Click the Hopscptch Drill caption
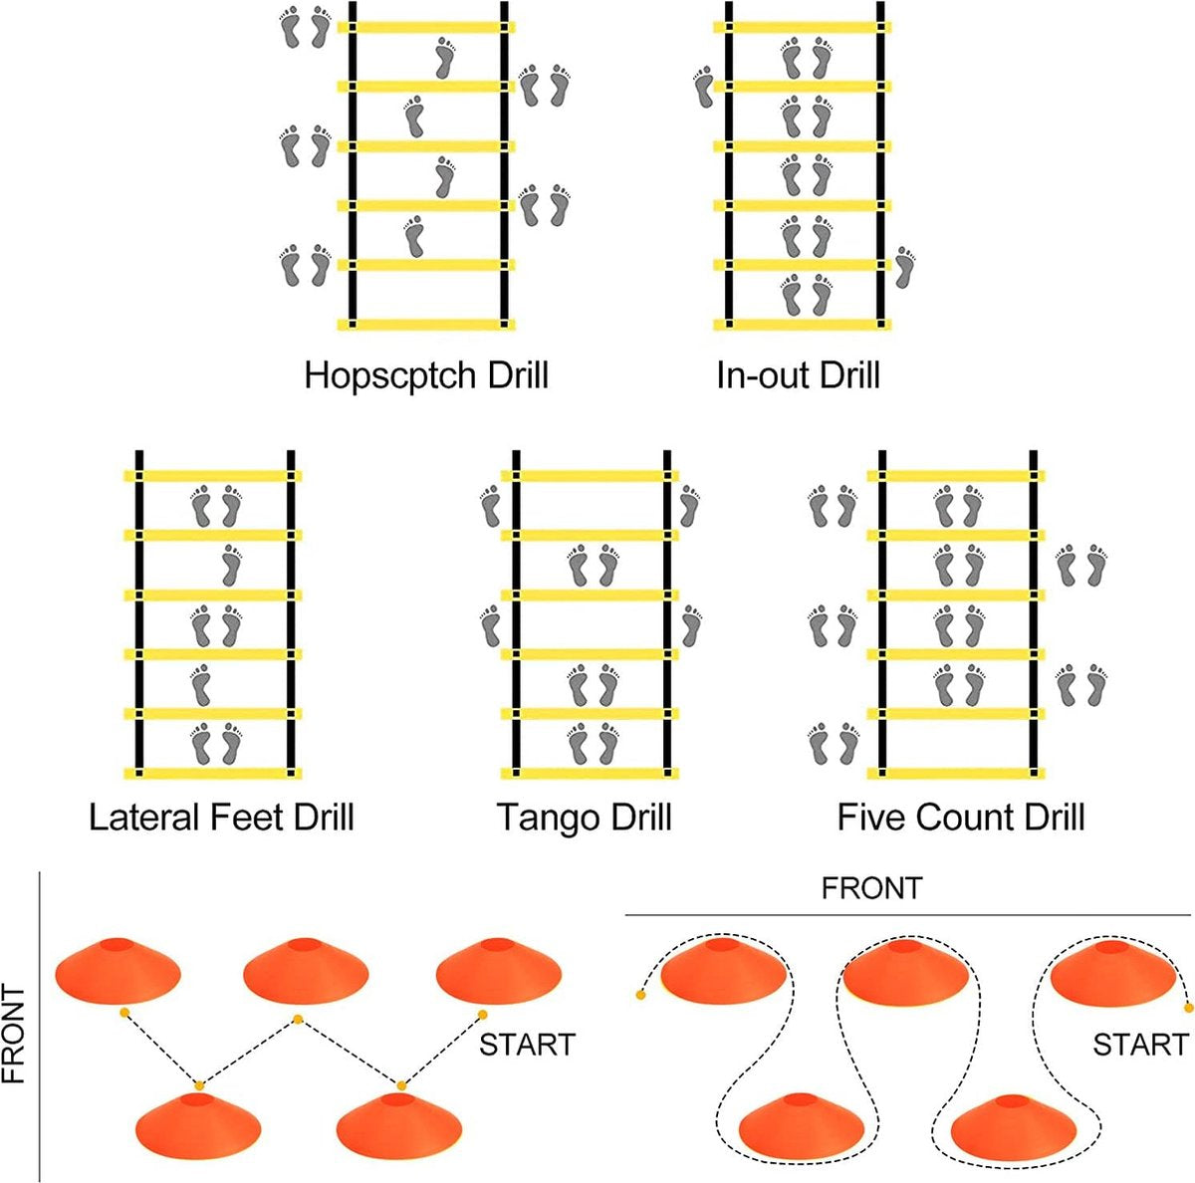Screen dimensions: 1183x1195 (426, 375)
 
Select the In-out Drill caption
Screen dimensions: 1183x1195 (798, 375)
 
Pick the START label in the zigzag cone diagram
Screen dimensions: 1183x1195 (527, 1045)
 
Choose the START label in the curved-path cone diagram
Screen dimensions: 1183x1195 (1140, 1045)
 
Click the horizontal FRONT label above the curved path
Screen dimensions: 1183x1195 (871, 887)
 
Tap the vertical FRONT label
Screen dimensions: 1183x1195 (14, 1034)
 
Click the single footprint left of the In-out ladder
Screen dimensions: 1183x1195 (704, 88)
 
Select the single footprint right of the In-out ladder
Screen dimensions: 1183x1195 (904, 268)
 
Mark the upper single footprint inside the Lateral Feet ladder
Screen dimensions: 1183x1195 (231, 566)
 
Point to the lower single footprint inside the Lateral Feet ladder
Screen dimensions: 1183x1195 (201, 684)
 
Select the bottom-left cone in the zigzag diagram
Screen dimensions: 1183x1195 (198, 1124)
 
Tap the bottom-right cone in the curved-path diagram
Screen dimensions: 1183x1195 (1014, 1126)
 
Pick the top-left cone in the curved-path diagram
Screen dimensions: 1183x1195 (722, 971)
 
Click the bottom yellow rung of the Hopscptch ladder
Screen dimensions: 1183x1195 (426, 324)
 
